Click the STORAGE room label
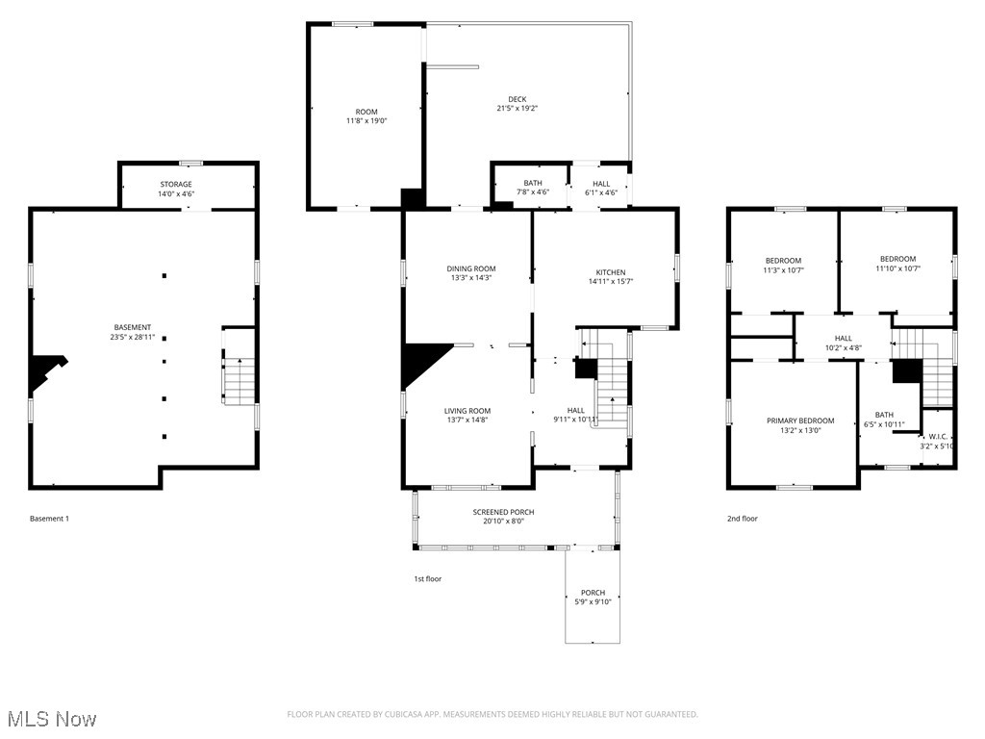coord(176,184)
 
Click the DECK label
coord(518,99)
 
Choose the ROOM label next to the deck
coord(366,112)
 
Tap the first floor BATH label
coord(532,183)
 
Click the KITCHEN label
coord(610,272)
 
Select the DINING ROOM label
coord(471,268)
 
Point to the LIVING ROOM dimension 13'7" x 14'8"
coord(467,420)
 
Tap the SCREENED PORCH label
coord(503,512)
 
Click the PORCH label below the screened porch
coord(593,592)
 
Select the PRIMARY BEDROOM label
coord(799,420)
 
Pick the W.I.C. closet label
coord(938,436)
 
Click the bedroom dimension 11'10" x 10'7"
coord(897,269)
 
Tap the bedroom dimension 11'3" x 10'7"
coord(783,271)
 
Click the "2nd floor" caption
coord(742,519)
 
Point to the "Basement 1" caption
coord(49,519)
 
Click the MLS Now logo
coord(52,719)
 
